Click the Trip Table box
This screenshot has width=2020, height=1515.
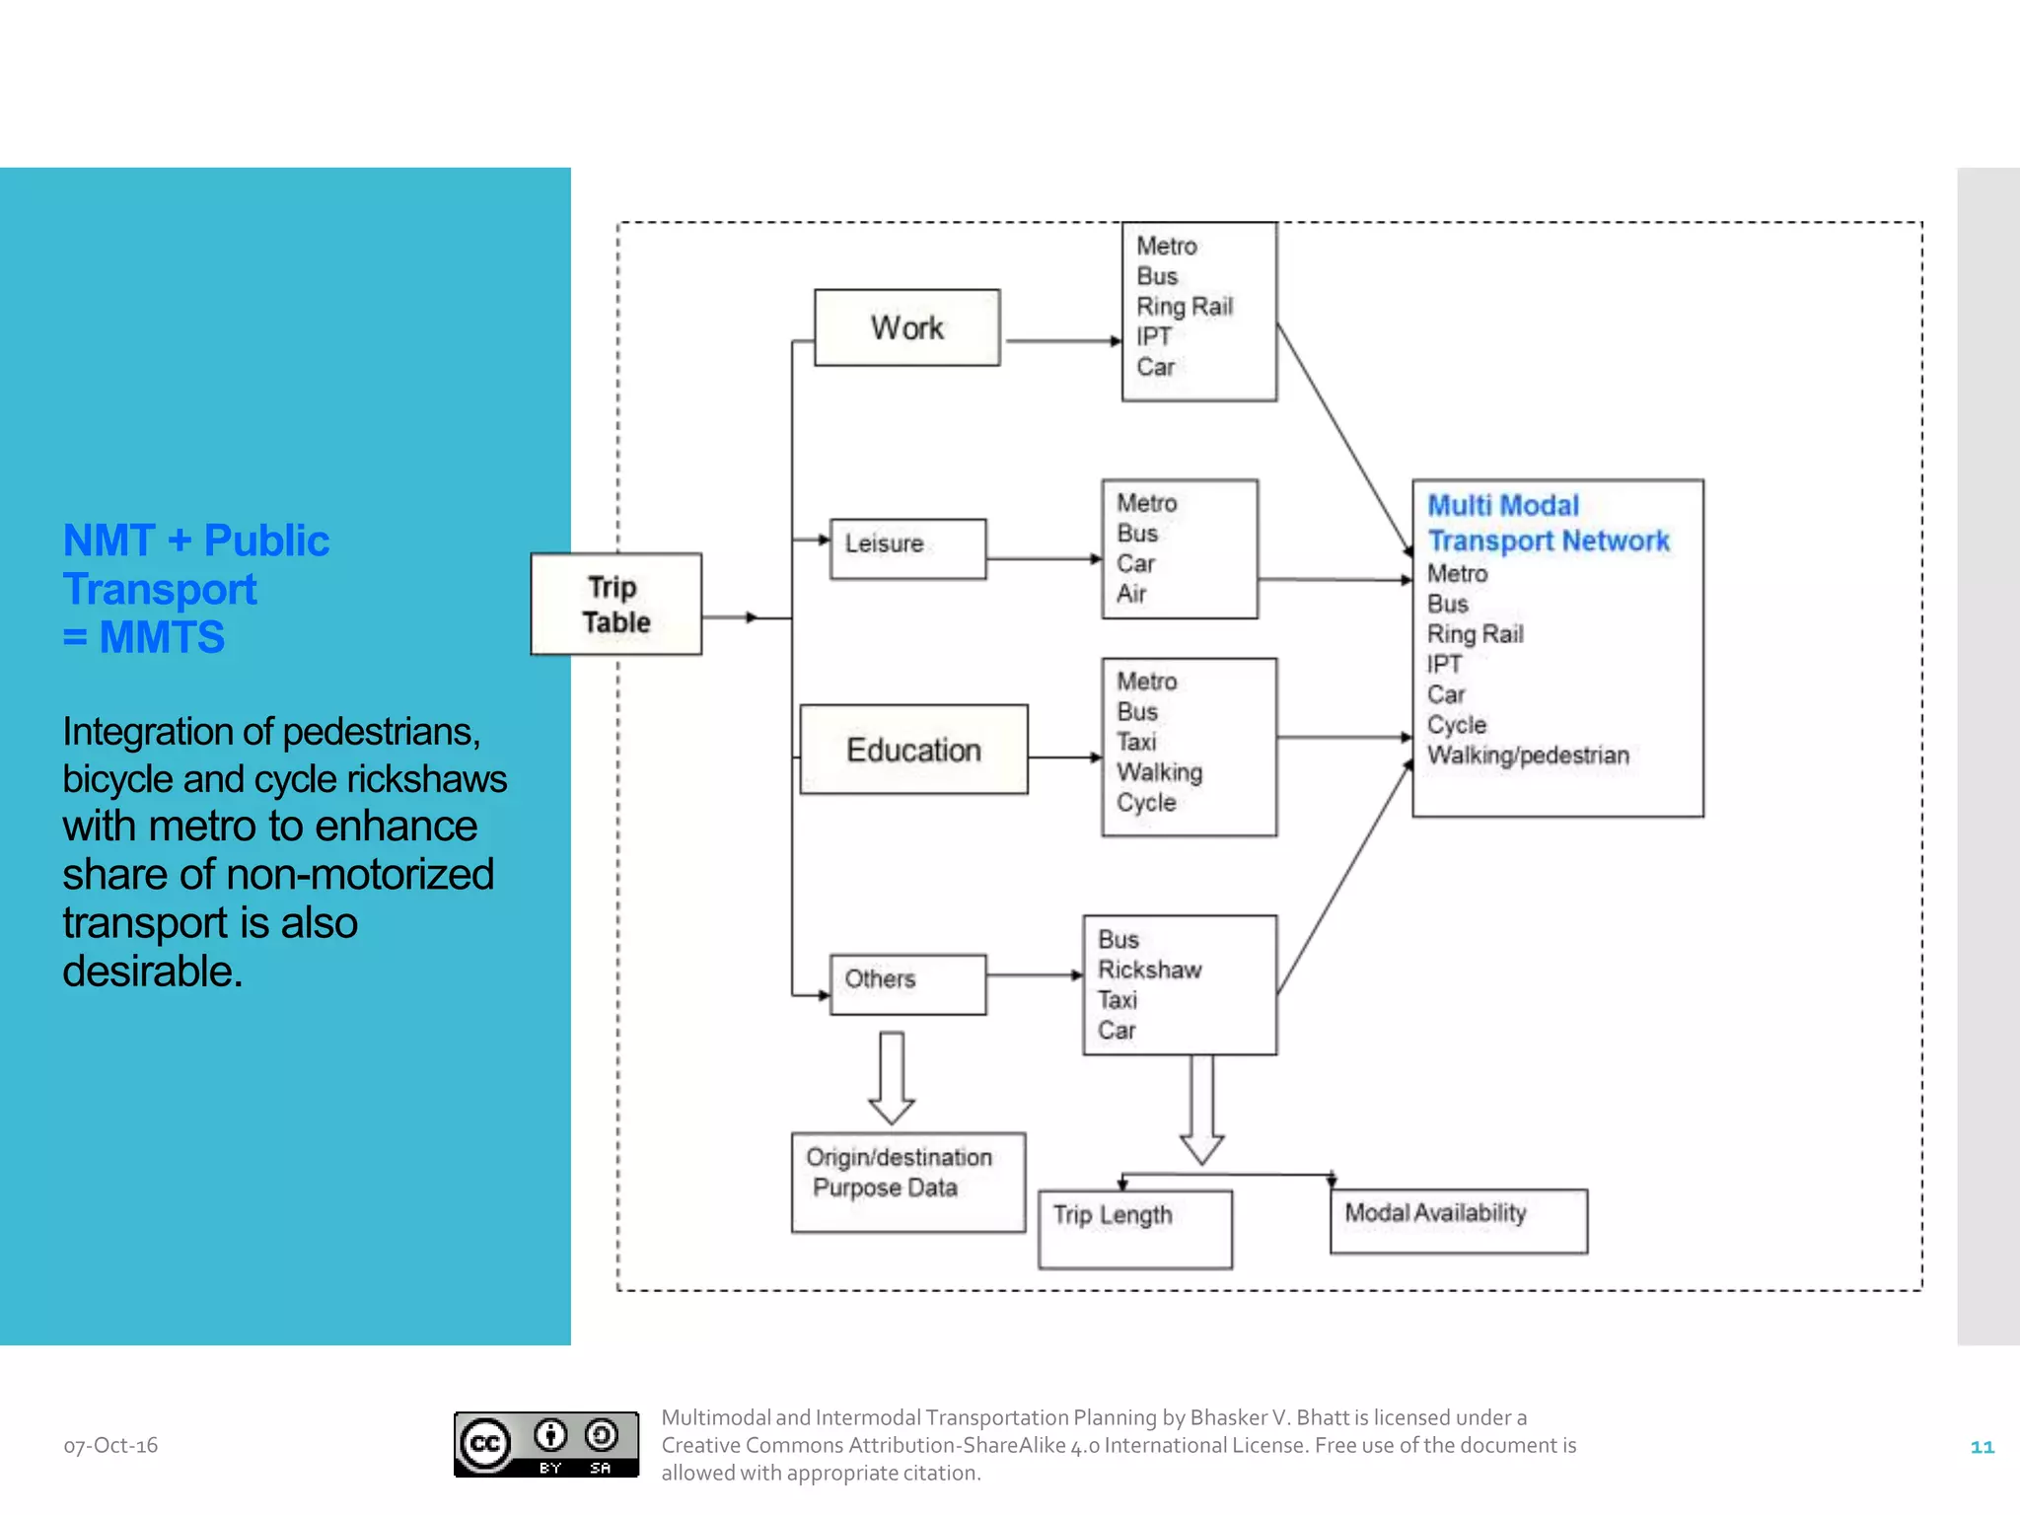615,604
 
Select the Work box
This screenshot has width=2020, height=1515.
906,327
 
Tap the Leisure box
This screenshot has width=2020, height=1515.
907,548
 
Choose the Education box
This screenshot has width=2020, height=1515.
913,750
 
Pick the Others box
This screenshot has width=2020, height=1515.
907,983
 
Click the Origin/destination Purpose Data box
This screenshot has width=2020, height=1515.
907,1181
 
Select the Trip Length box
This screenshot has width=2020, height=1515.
1134,1228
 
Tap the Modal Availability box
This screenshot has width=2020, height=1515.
1458,1220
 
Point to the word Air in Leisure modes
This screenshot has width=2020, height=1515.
1131,594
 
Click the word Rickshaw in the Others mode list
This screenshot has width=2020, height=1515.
1150,970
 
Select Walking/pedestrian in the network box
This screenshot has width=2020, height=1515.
1528,756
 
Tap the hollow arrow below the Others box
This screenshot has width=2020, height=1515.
892,1078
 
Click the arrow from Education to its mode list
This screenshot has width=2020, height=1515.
1064,757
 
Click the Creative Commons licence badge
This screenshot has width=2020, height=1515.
545,1444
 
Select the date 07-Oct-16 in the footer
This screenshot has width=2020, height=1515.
110,1445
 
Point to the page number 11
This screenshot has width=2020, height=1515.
1982,1447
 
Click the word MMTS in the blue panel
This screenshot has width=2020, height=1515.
162,637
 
